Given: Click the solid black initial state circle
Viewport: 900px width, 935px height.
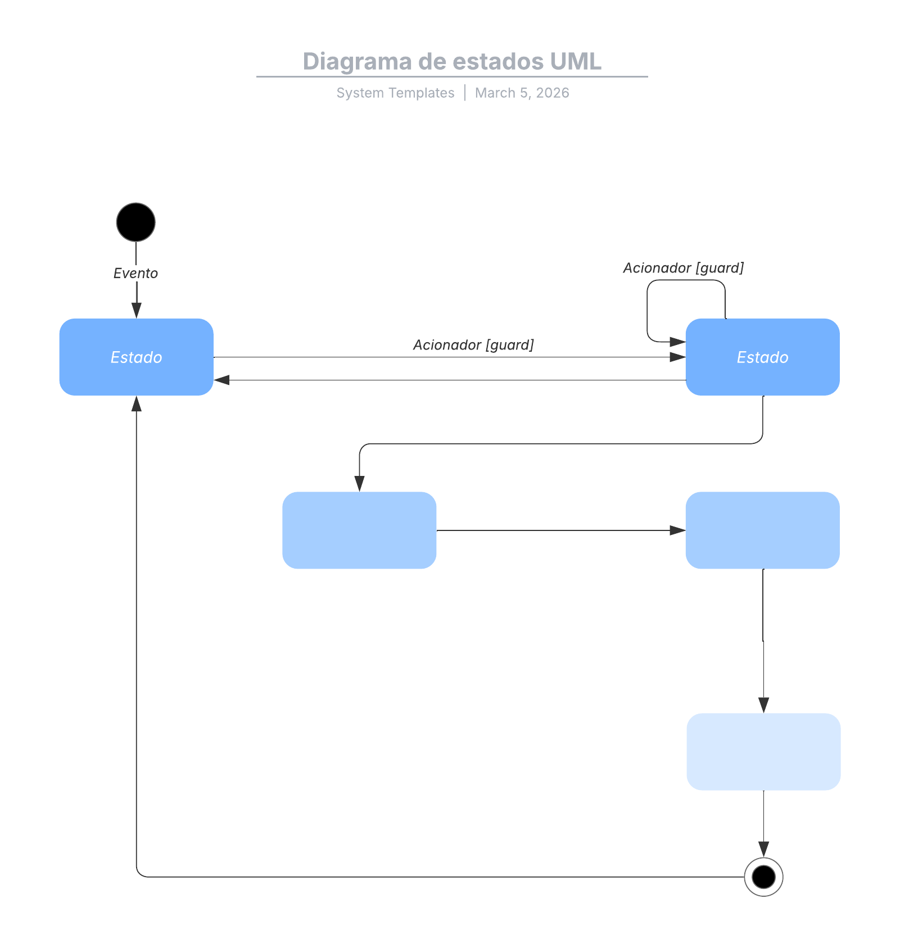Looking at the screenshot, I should (135, 222).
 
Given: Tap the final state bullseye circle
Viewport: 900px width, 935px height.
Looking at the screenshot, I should (763, 876).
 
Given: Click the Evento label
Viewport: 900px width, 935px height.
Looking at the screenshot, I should (135, 273).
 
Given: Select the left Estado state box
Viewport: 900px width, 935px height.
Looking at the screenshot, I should (136, 357).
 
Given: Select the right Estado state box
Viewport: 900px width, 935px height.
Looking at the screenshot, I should (762, 357).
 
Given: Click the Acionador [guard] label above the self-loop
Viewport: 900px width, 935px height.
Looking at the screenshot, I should (683, 267).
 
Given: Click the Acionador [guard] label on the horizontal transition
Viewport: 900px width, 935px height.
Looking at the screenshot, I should (473, 344).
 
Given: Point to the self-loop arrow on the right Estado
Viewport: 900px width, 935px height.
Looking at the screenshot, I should (648, 309).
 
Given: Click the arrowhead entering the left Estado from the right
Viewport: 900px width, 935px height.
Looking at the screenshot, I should (221, 380).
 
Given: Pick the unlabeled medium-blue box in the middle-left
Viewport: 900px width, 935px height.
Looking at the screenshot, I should (359, 530).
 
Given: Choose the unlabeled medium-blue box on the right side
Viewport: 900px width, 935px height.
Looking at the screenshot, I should (762, 530).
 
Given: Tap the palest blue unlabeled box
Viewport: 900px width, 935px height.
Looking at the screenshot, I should (763, 751).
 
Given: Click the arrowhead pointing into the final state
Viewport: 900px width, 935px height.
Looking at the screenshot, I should (763, 849).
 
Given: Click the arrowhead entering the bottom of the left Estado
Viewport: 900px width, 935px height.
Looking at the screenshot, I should (136, 403).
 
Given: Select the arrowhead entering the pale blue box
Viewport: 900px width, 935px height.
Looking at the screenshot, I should (763, 705).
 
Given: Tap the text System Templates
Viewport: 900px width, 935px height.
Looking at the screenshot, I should (395, 93).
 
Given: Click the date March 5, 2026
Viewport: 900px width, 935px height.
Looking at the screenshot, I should (522, 93).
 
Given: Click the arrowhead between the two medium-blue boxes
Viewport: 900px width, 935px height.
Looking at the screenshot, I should (677, 530).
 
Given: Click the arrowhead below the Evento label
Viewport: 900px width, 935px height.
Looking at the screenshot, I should (136, 310).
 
